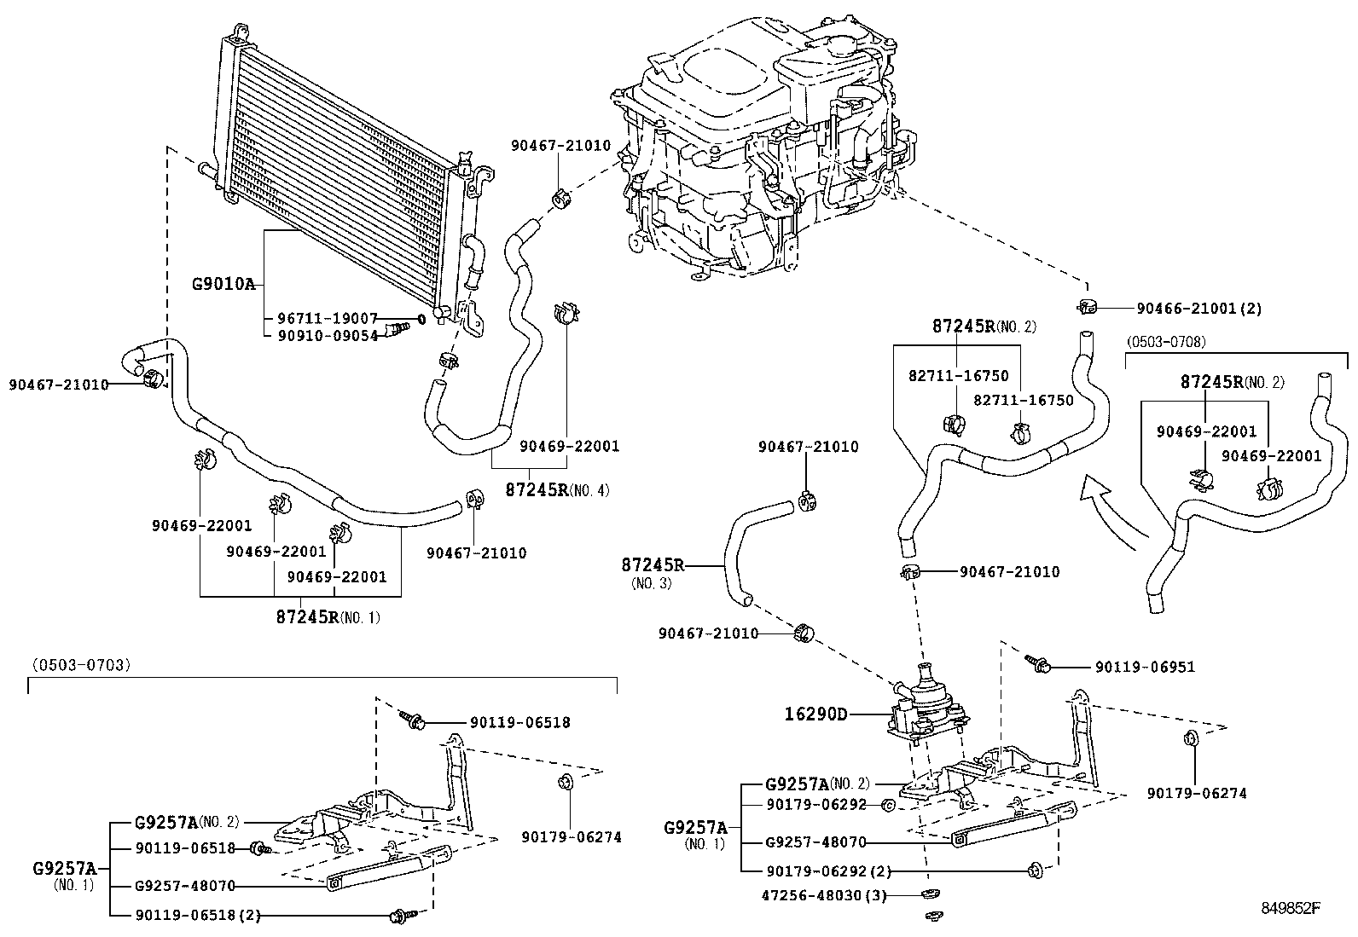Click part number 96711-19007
(x=328, y=317)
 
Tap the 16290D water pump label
(x=816, y=714)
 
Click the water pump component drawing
(x=926, y=704)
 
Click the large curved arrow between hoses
(x=1113, y=512)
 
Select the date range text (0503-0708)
(x=1165, y=341)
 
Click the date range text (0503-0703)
(x=82, y=665)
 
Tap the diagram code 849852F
(x=1291, y=908)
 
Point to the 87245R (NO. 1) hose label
(x=328, y=616)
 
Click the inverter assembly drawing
(x=759, y=145)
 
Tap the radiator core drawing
(x=341, y=171)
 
